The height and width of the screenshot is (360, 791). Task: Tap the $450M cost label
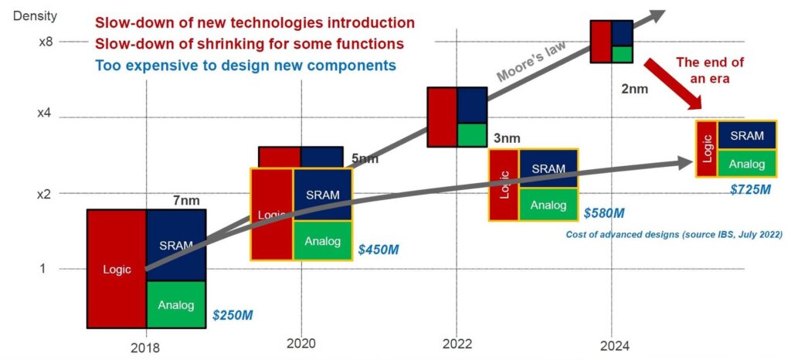click(x=379, y=250)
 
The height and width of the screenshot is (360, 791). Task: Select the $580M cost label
click(x=604, y=212)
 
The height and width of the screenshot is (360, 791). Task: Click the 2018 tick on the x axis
click(x=145, y=348)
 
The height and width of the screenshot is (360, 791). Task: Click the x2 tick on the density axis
click(x=46, y=194)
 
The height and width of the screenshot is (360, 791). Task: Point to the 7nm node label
click(x=187, y=201)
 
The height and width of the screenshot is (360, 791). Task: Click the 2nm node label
click(x=634, y=89)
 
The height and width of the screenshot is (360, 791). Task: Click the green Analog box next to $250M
click(x=175, y=304)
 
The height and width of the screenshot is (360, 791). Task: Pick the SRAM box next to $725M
click(x=747, y=136)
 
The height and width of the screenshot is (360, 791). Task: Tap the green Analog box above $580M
click(x=548, y=205)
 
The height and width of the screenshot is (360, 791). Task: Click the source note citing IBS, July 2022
click(x=674, y=234)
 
